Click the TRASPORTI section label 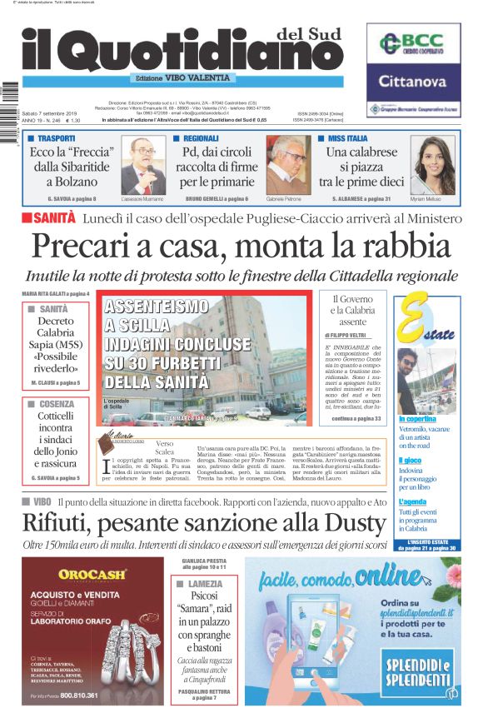[56, 137]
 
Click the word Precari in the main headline [85, 247]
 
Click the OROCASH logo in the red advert [92, 574]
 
